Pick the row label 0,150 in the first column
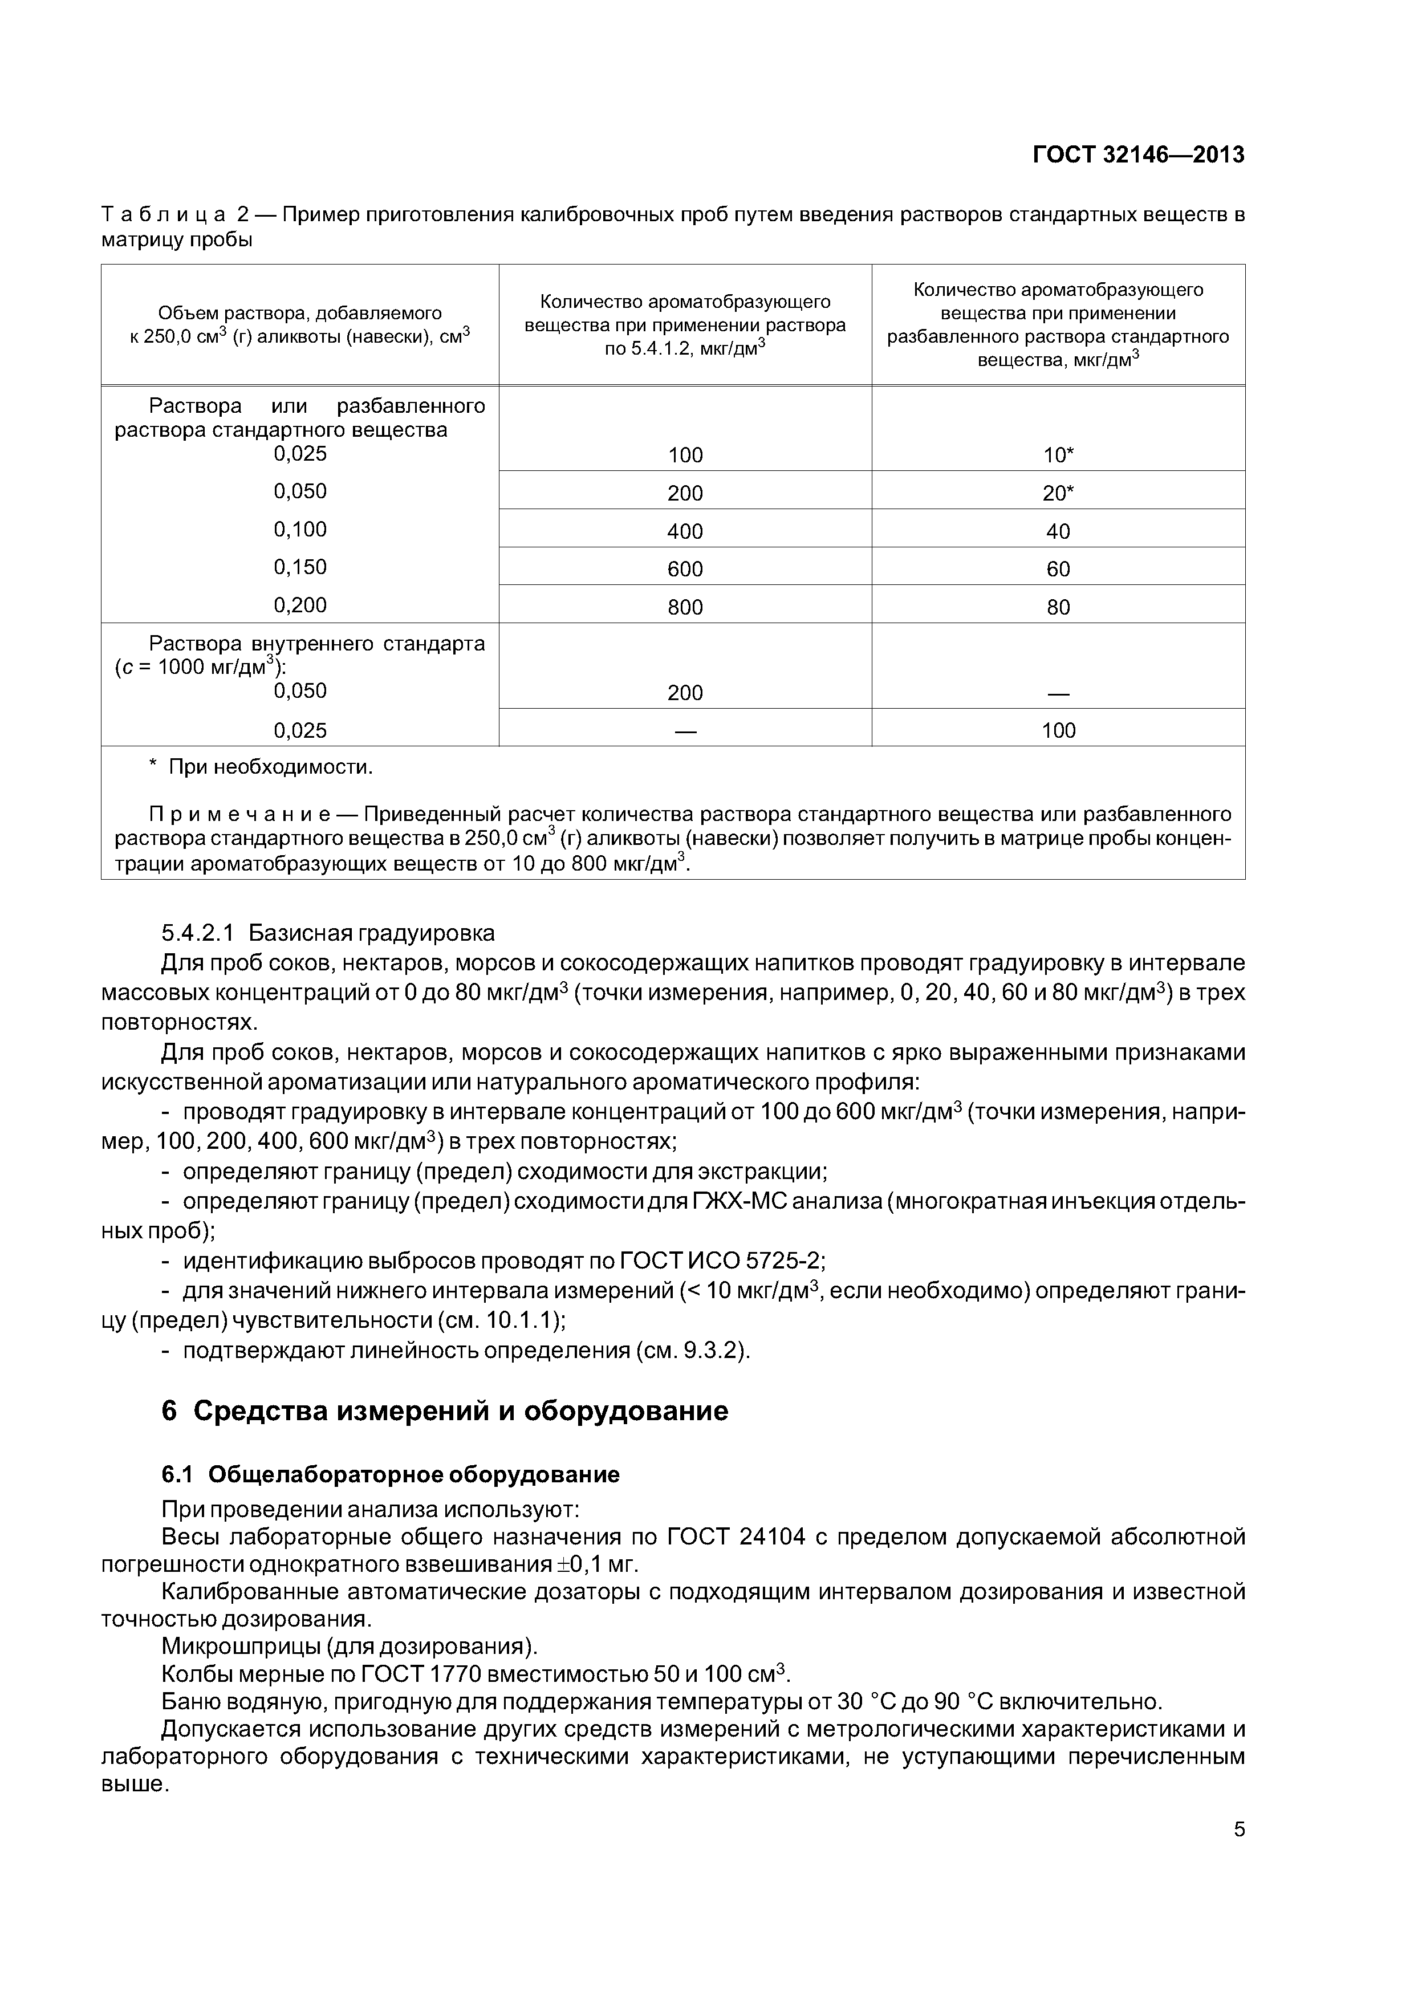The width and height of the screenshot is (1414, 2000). coord(300,567)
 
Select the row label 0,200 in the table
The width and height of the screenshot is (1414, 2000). coord(300,604)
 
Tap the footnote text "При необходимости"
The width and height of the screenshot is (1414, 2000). coord(270,767)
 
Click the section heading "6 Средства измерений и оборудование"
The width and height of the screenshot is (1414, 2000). coord(444,1410)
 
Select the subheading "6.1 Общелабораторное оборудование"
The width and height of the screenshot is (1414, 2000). coord(391,1474)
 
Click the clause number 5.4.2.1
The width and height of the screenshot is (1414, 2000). coord(198,933)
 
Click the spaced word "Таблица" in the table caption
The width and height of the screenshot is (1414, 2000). coord(165,214)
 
